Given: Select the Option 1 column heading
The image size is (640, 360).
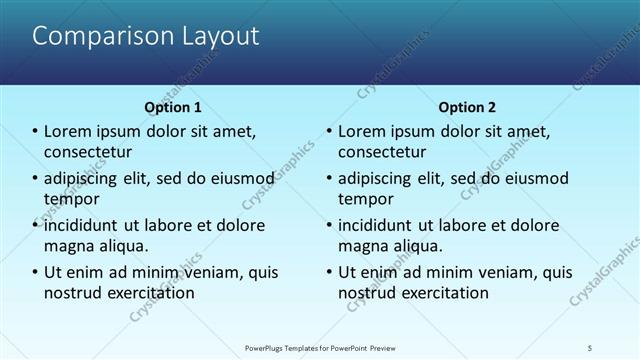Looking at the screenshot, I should point(173,107).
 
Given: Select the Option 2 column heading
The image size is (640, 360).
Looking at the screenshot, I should point(467,107).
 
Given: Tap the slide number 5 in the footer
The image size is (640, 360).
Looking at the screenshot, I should point(590,347).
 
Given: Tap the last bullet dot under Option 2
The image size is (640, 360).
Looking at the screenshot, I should point(329,272).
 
